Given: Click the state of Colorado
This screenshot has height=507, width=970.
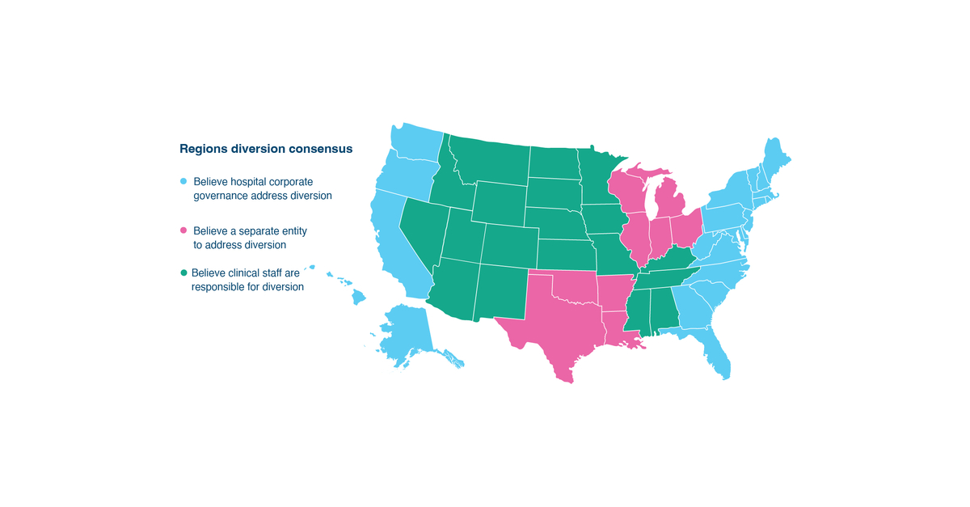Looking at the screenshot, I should coord(508,243).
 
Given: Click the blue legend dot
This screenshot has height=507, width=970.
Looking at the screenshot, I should coord(183,181).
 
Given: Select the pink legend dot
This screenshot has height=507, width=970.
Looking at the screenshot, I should coord(183,231).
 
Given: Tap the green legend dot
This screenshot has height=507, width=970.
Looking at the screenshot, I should coord(183,273).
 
